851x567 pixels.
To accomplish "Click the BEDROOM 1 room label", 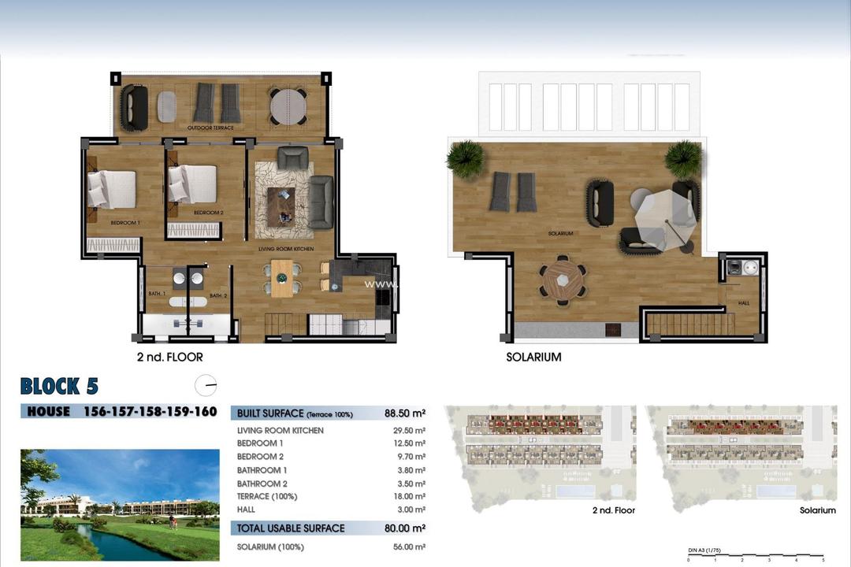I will point(124,223).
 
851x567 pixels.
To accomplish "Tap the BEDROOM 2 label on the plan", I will point(209,213).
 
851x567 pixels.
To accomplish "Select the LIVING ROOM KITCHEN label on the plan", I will point(286,249).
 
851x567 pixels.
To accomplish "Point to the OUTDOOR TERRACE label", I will point(210,128).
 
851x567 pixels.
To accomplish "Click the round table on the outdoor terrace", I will point(288,106).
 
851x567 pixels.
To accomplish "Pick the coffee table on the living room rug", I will point(281,206).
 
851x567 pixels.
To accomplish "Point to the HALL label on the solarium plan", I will point(744,302).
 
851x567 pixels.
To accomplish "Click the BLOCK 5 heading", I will point(61,386).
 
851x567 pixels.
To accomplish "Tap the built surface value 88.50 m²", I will point(405,413).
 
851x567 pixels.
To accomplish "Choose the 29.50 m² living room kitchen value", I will point(409,431).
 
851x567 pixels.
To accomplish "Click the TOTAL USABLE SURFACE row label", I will point(292,528).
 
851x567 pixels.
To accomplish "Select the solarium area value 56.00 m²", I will point(409,547).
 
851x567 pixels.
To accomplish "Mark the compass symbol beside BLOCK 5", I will point(206,385).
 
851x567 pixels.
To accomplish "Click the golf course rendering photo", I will point(120,504).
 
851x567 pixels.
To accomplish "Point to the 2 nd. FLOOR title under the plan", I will point(170,357).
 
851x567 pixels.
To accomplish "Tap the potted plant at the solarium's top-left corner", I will point(464,158).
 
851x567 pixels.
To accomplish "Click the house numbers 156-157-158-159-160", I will point(150,411).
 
